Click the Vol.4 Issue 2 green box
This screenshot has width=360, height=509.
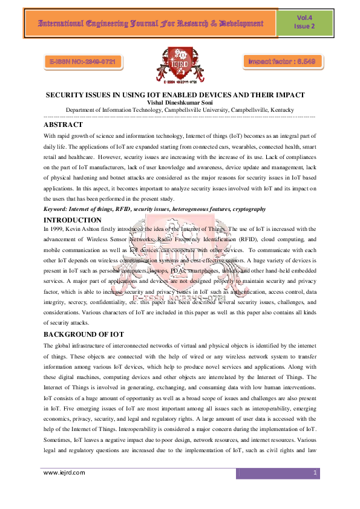point(304,23)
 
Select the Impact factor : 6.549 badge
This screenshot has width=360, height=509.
point(280,62)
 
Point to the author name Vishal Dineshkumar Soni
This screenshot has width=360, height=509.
point(180,103)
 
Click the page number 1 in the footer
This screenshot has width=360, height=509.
point(316,473)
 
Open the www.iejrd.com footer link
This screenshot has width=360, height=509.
point(64,473)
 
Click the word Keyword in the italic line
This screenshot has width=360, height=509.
point(57,209)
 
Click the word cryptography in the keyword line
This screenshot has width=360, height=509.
point(246,209)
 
